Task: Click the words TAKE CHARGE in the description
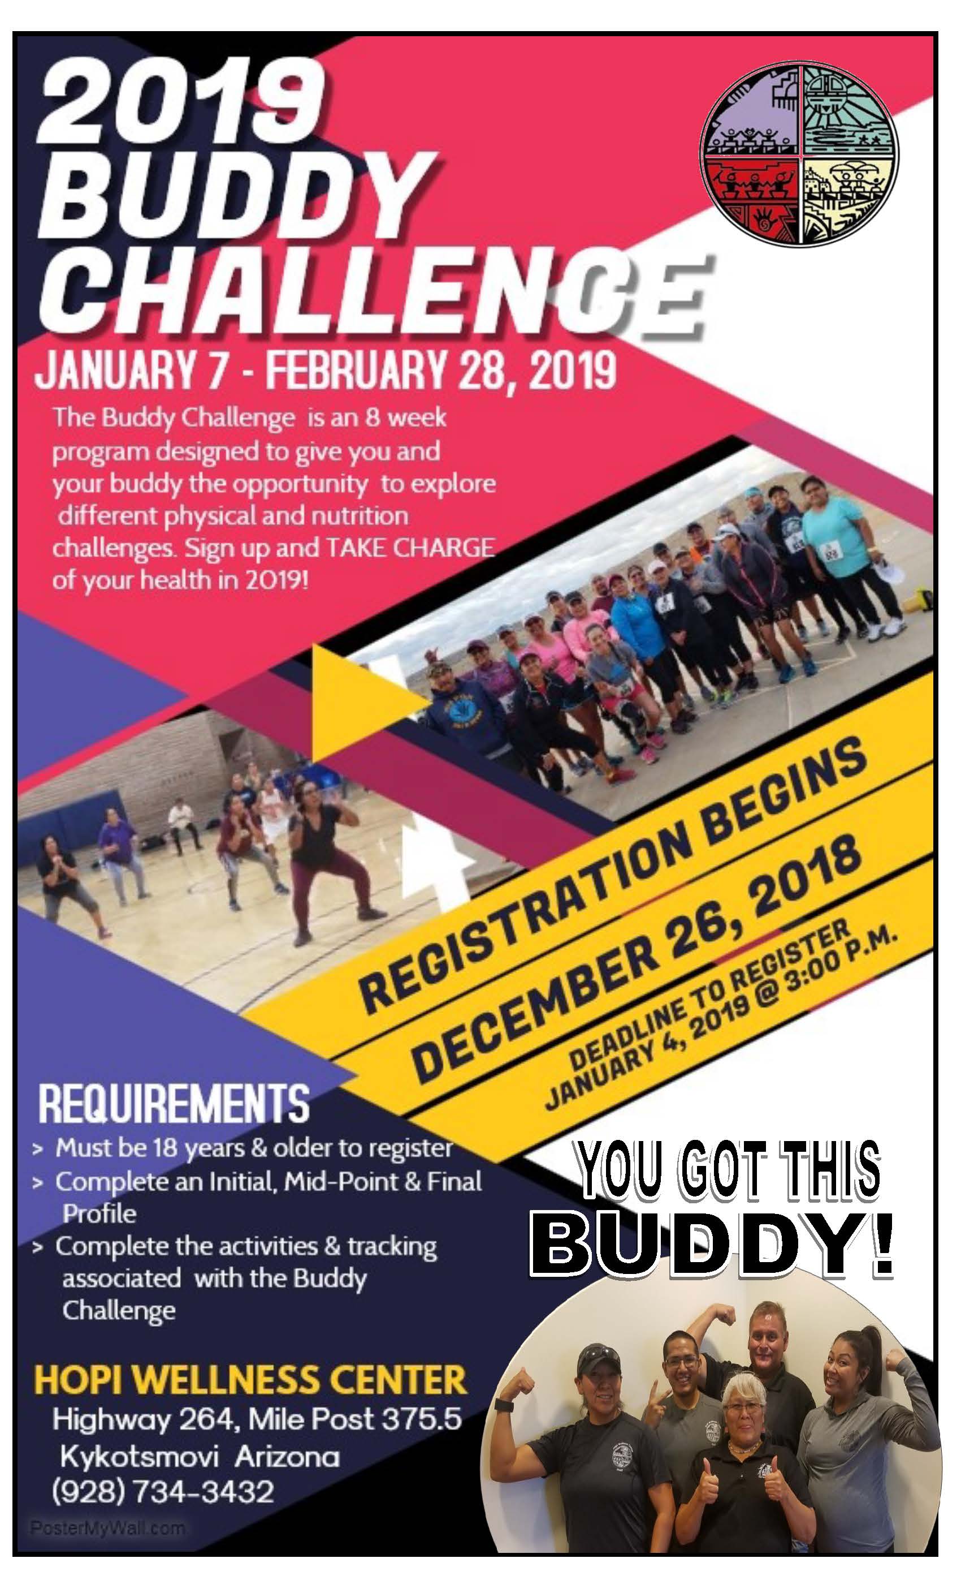point(410,548)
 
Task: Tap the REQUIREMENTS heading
point(174,1104)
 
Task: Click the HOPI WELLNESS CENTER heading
point(250,1380)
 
